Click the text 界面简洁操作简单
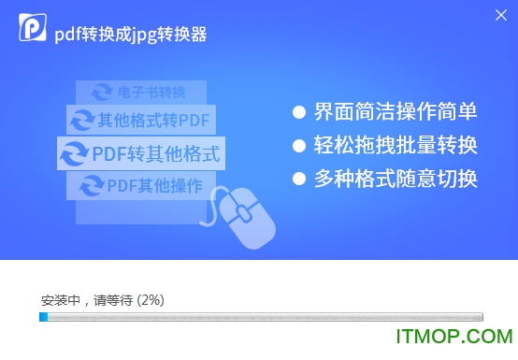click(396, 112)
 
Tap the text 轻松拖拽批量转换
click(396, 146)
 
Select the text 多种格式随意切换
click(396, 179)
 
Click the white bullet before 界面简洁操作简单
click(299, 112)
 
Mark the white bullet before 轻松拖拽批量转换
click(299, 146)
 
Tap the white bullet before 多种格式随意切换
click(299, 179)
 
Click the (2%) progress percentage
click(151, 300)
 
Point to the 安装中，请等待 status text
click(87, 300)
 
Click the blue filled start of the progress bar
click(43, 317)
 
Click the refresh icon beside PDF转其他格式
click(74, 152)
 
